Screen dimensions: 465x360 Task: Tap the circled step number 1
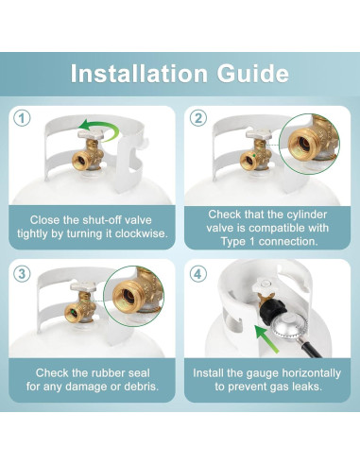[23, 118]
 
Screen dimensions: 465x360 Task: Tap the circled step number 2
[197, 118]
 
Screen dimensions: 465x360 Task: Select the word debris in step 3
[131, 387]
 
